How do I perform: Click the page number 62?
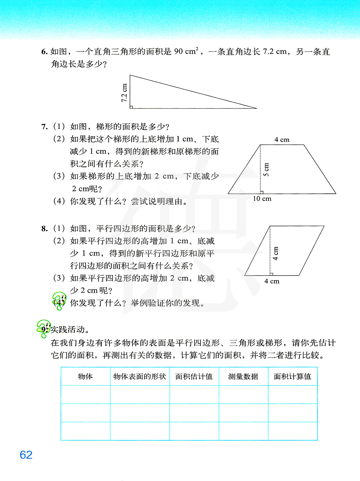click(x=26, y=455)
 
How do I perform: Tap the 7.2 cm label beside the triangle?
click(x=124, y=93)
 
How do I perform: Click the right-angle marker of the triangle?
click(x=131, y=107)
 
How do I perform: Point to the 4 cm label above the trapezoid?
click(x=282, y=140)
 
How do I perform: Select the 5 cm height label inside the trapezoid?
click(x=266, y=170)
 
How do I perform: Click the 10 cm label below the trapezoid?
click(x=262, y=199)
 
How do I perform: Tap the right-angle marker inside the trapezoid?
click(x=262, y=192)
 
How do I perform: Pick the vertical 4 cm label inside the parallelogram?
click(x=276, y=253)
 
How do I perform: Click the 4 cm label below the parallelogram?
click(x=272, y=281)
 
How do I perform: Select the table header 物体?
click(x=85, y=377)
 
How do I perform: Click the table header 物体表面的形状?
click(x=140, y=377)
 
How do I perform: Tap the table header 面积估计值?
click(x=194, y=377)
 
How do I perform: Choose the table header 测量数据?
click(x=243, y=377)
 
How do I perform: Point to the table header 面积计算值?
click(x=292, y=377)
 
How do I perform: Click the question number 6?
click(x=44, y=52)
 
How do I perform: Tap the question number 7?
click(x=44, y=127)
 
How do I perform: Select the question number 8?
click(x=44, y=229)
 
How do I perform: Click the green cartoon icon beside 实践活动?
click(x=43, y=328)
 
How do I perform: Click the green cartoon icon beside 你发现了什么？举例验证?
click(x=59, y=301)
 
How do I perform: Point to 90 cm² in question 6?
click(x=186, y=51)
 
